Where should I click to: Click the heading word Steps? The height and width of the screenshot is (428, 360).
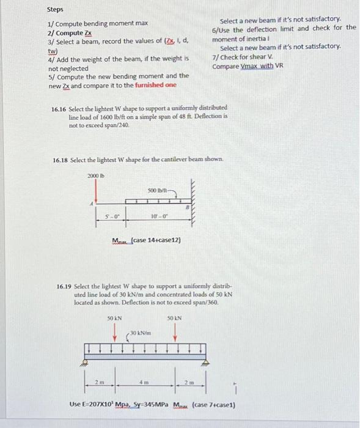[x=55, y=10]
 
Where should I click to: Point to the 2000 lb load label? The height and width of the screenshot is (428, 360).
[x=96, y=175]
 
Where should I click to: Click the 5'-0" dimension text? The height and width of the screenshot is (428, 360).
[x=111, y=216]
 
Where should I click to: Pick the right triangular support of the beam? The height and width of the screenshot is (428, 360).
[x=204, y=363]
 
